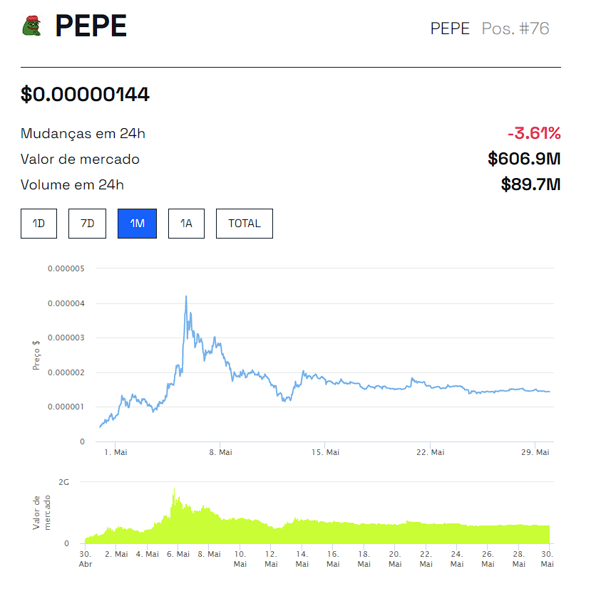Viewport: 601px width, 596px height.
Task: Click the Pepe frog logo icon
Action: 32,26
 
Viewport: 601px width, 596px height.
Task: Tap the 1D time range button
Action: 38,224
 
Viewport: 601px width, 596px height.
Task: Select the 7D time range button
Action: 87,224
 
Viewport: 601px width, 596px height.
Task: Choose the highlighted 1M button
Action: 137,224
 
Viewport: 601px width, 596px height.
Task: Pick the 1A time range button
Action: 186,224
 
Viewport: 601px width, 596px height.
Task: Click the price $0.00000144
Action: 85,94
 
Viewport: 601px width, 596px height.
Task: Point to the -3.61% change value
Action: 534,133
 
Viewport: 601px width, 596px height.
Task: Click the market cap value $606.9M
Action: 524,159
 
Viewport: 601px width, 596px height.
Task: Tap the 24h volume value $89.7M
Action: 530,185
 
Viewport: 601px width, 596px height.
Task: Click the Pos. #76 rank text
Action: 515,28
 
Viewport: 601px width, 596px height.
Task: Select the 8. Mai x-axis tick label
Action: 220,452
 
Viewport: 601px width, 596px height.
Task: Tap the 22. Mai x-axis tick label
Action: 431,452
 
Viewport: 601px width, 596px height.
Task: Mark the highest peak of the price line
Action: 186,296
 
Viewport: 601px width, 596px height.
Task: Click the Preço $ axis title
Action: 36,354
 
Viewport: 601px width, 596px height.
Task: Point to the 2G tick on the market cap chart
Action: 64,482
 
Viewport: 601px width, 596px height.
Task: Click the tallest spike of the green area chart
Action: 174,489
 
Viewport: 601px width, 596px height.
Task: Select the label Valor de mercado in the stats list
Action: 80,159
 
